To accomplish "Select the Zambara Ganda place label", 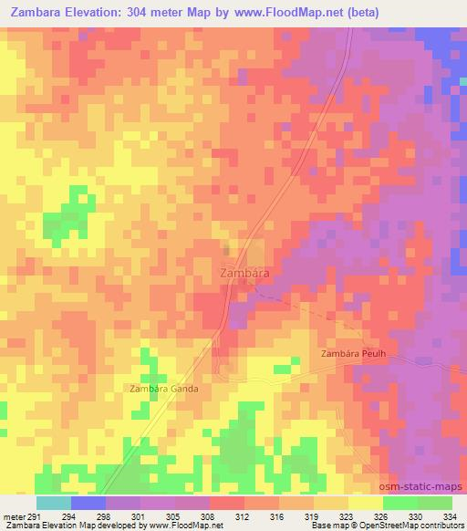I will [x=164, y=388].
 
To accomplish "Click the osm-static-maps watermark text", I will [x=426, y=489].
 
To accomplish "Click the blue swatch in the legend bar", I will [x=88, y=503].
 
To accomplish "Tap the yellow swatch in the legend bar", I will [x=366, y=503].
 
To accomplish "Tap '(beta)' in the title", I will [x=359, y=12].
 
